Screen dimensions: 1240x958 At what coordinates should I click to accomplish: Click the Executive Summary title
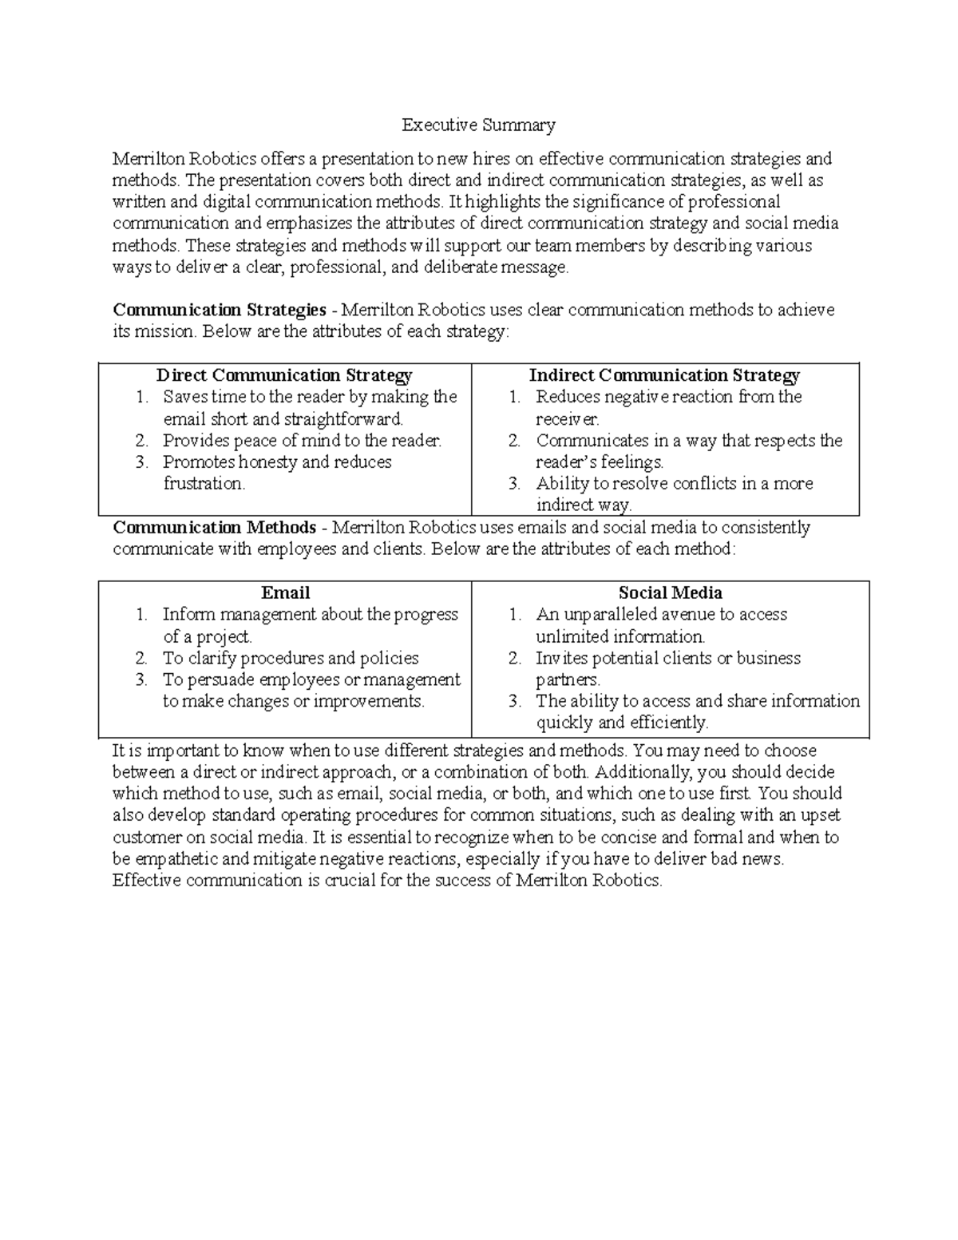point(478,125)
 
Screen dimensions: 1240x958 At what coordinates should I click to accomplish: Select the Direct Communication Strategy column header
point(284,375)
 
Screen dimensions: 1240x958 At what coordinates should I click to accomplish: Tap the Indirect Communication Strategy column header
point(664,375)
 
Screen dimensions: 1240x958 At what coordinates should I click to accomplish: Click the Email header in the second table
point(285,592)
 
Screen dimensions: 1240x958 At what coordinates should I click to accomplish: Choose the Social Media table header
point(670,592)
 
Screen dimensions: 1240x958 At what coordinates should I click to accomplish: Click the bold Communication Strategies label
point(220,310)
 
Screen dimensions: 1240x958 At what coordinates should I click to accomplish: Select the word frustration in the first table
point(204,484)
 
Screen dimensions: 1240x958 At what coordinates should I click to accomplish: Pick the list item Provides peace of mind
point(302,441)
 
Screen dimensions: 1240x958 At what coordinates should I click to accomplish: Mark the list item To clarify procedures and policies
point(291,659)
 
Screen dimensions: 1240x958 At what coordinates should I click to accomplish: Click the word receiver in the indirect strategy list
point(566,419)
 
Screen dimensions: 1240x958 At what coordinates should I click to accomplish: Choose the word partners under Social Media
point(567,680)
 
